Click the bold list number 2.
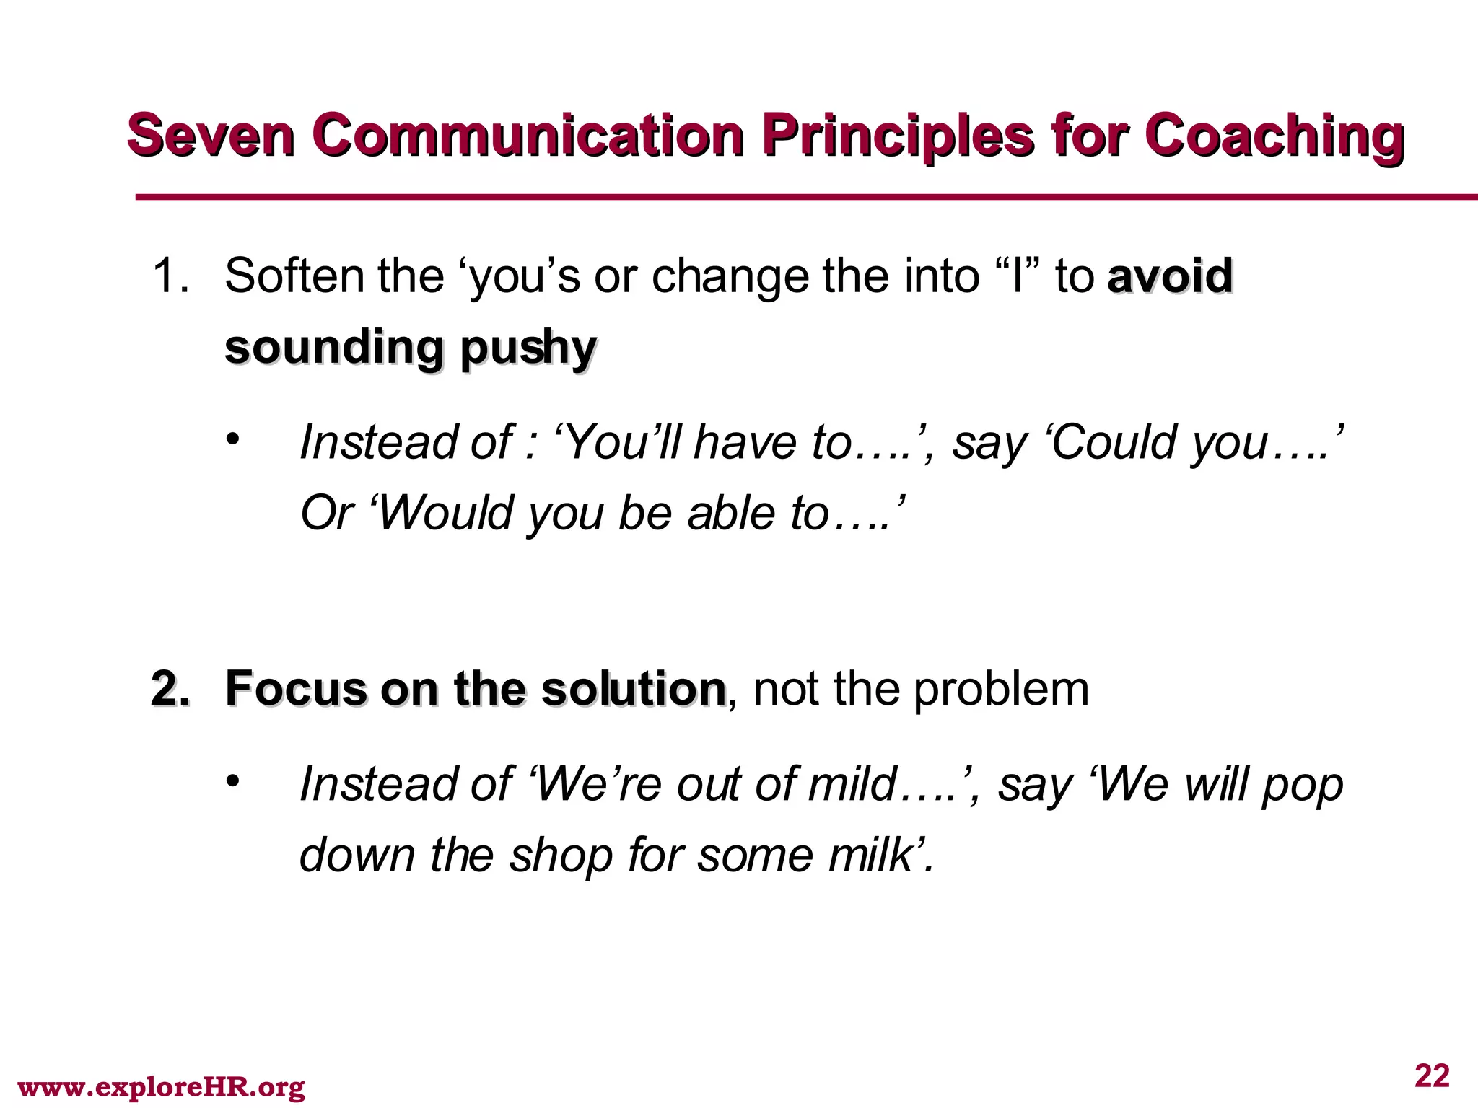pyautogui.click(x=170, y=688)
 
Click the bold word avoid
pyautogui.click(x=1170, y=276)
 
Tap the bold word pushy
pyautogui.click(x=528, y=349)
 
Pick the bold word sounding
pyautogui.click(x=333, y=348)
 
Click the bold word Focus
pyautogui.click(x=296, y=688)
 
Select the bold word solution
pyautogui.click(x=633, y=688)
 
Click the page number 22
pyautogui.click(x=1432, y=1076)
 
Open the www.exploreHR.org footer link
pyautogui.click(x=161, y=1086)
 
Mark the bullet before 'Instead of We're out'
pyautogui.click(x=231, y=781)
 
